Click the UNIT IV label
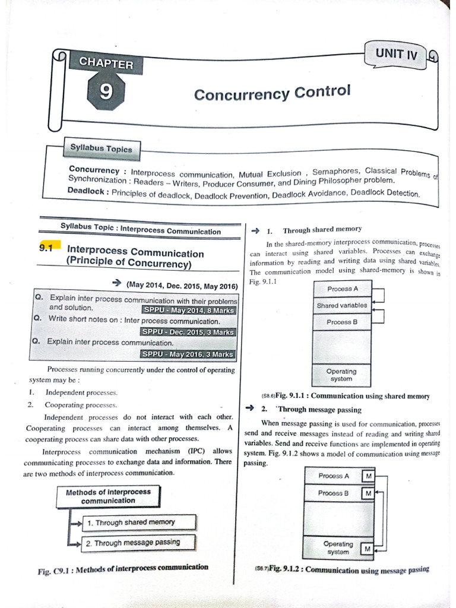click(x=397, y=55)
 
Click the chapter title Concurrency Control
click(x=273, y=93)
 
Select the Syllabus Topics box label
click(x=101, y=148)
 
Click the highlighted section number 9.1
click(x=46, y=249)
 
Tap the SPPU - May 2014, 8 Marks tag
click(x=189, y=310)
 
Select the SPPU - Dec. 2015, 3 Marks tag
click(x=189, y=332)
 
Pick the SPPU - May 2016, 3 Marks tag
click(x=189, y=354)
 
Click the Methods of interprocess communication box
click(x=108, y=496)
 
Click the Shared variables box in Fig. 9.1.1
click(x=341, y=305)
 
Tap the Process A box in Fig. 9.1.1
click(x=342, y=289)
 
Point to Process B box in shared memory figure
click(x=342, y=322)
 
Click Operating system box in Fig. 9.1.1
click(x=341, y=375)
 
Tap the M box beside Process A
click(x=369, y=476)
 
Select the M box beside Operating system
click(x=367, y=549)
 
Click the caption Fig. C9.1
click(x=123, y=568)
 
